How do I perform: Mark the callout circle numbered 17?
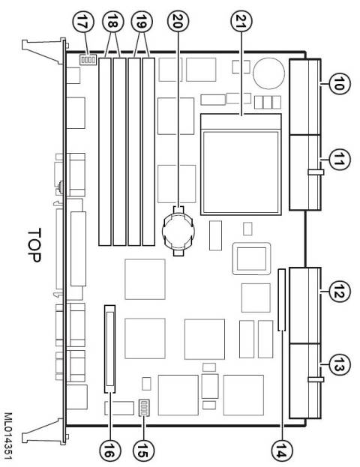[x=83, y=22]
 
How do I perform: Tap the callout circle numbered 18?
[x=112, y=22]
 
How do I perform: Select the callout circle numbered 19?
[x=142, y=22]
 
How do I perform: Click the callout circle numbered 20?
[x=178, y=22]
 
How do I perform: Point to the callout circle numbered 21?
[x=241, y=22]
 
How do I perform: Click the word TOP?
[x=34, y=245]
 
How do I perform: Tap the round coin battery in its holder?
[x=178, y=231]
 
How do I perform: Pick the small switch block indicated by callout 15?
[x=144, y=408]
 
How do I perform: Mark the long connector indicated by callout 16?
[x=110, y=349]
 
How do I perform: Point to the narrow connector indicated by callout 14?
[x=281, y=300]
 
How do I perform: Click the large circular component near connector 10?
[x=268, y=73]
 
